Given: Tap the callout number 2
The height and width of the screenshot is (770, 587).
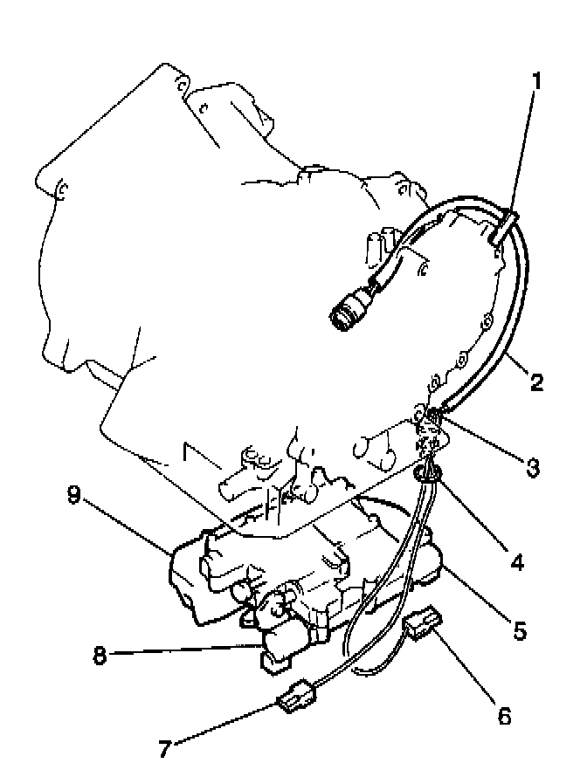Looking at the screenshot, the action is tap(535, 382).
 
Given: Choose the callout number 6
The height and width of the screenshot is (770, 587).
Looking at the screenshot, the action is tap(503, 717).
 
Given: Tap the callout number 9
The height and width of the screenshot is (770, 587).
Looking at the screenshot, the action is tap(75, 496).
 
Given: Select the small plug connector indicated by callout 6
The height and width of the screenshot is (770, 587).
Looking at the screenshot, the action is tap(421, 623).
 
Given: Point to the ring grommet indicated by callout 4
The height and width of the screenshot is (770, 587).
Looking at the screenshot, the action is tap(426, 474).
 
